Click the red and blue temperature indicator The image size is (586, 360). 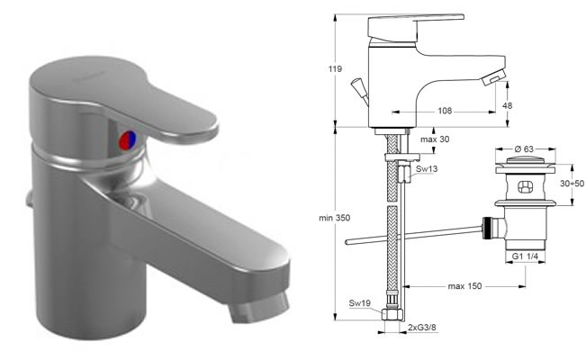coord(128,140)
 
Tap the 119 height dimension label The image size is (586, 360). coord(335,68)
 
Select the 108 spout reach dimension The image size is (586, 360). coord(445,111)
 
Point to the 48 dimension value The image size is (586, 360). coord(507,106)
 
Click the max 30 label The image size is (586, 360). coord(435,139)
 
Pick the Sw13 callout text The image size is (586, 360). coord(427,168)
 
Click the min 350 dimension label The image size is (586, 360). coord(335,218)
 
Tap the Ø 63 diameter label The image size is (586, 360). coord(524,148)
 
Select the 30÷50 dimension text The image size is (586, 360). coord(572,184)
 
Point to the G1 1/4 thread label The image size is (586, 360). coord(525,256)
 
